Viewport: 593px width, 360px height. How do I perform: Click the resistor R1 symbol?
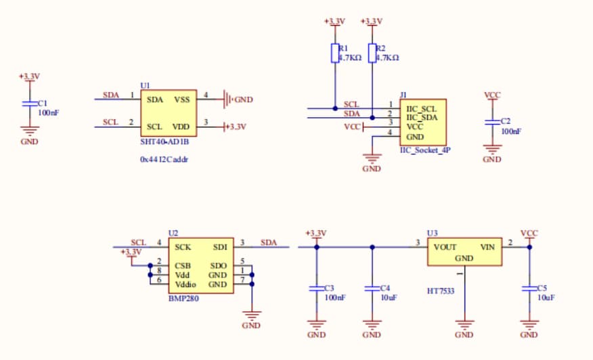(x=335, y=53)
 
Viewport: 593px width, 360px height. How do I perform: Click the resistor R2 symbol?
(x=372, y=53)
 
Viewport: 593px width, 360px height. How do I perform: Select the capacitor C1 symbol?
(x=28, y=104)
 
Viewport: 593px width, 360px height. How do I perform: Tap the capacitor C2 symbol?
(x=492, y=122)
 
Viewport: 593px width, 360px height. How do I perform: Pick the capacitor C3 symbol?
(x=316, y=288)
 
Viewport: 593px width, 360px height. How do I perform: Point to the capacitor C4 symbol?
(x=372, y=288)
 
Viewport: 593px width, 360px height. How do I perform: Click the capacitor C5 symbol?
(x=529, y=288)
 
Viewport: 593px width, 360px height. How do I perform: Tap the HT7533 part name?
(x=441, y=291)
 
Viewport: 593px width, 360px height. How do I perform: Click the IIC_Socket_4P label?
(x=425, y=151)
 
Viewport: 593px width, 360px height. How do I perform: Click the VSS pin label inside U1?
(x=182, y=99)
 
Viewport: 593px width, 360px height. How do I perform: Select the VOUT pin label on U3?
(x=445, y=247)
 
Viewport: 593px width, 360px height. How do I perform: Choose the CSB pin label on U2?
(x=183, y=266)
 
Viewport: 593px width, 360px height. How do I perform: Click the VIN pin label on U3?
(x=487, y=247)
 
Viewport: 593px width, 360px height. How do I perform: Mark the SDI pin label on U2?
(x=220, y=247)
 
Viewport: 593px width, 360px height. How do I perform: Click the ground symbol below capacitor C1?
(x=28, y=133)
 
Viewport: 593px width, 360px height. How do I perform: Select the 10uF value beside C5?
(x=547, y=298)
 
